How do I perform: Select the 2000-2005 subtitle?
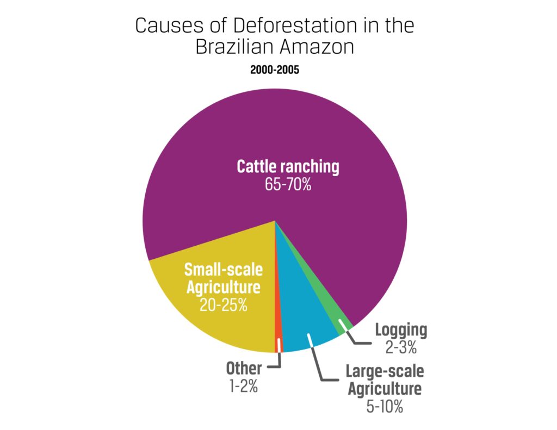click(275, 70)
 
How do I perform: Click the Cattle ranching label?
click(288, 166)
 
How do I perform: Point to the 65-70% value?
click(288, 184)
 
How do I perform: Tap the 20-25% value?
click(223, 304)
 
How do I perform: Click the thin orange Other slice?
click(278, 320)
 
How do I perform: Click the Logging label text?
click(401, 331)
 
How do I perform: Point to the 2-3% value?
click(401, 347)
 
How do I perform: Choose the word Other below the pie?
click(244, 368)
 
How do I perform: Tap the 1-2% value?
click(244, 386)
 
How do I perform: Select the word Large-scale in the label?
click(385, 371)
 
